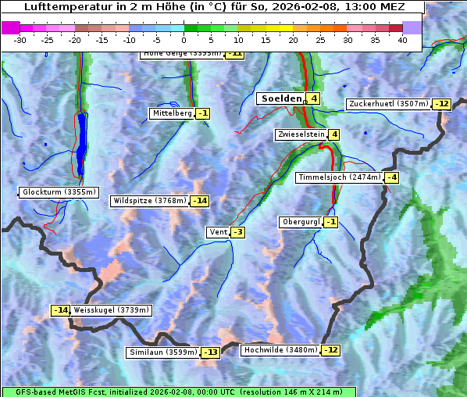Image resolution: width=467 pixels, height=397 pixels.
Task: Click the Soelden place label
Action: coord(280,98)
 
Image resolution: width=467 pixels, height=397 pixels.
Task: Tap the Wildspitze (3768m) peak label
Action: coord(150,201)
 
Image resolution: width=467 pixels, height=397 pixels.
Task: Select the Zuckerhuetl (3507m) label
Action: coord(389,104)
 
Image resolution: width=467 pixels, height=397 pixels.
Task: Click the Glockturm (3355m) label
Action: coord(59,192)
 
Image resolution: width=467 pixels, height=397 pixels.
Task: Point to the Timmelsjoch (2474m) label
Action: coord(339,177)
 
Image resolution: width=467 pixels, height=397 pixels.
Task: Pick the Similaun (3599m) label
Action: coord(163,352)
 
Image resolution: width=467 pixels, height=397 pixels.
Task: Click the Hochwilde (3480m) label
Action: coord(280,350)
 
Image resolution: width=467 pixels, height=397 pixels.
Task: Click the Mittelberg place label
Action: coord(172,113)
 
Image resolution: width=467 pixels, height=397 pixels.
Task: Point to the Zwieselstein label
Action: coord(301,134)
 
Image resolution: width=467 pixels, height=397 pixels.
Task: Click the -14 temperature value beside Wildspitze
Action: coord(200,201)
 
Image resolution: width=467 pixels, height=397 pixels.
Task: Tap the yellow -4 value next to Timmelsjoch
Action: coord(391,177)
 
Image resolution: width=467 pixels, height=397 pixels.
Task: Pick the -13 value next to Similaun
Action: coord(211,352)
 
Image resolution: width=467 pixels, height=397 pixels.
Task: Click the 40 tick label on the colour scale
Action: coord(402,40)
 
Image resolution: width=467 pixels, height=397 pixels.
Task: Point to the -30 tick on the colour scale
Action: coord(20,40)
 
